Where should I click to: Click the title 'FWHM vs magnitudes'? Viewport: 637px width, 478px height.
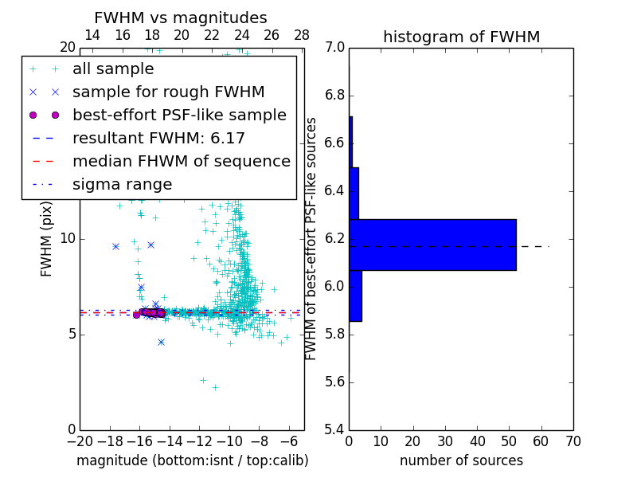click(x=181, y=18)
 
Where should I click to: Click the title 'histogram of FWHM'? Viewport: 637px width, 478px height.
click(x=461, y=37)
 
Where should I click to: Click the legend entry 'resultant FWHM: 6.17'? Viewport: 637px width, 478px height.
click(x=158, y=138)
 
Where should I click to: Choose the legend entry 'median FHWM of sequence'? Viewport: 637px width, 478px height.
click(x=181, y=161)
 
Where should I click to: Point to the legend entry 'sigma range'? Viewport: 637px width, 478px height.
click(x=122, y=184)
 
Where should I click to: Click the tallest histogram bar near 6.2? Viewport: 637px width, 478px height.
click(x=432, y=245)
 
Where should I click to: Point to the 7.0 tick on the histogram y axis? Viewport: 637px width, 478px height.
click(x=334, y=48)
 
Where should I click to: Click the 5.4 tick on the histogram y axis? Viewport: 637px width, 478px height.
click(x=334, y=429)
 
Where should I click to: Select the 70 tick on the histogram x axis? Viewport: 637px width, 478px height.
click(x=573, y=441)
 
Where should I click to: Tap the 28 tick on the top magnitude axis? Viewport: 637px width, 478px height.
click(x=302, y=35)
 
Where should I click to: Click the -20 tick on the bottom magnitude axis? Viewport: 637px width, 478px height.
click(x=80, y=441)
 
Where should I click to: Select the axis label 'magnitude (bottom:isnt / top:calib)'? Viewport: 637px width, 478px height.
click(x=192, y=460)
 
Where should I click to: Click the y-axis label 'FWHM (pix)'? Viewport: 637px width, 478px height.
click(x=47, y=239)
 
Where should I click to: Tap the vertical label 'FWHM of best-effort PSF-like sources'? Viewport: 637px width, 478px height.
click(x=312, y=239)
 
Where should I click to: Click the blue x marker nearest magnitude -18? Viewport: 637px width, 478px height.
click(x=115, y=246)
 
